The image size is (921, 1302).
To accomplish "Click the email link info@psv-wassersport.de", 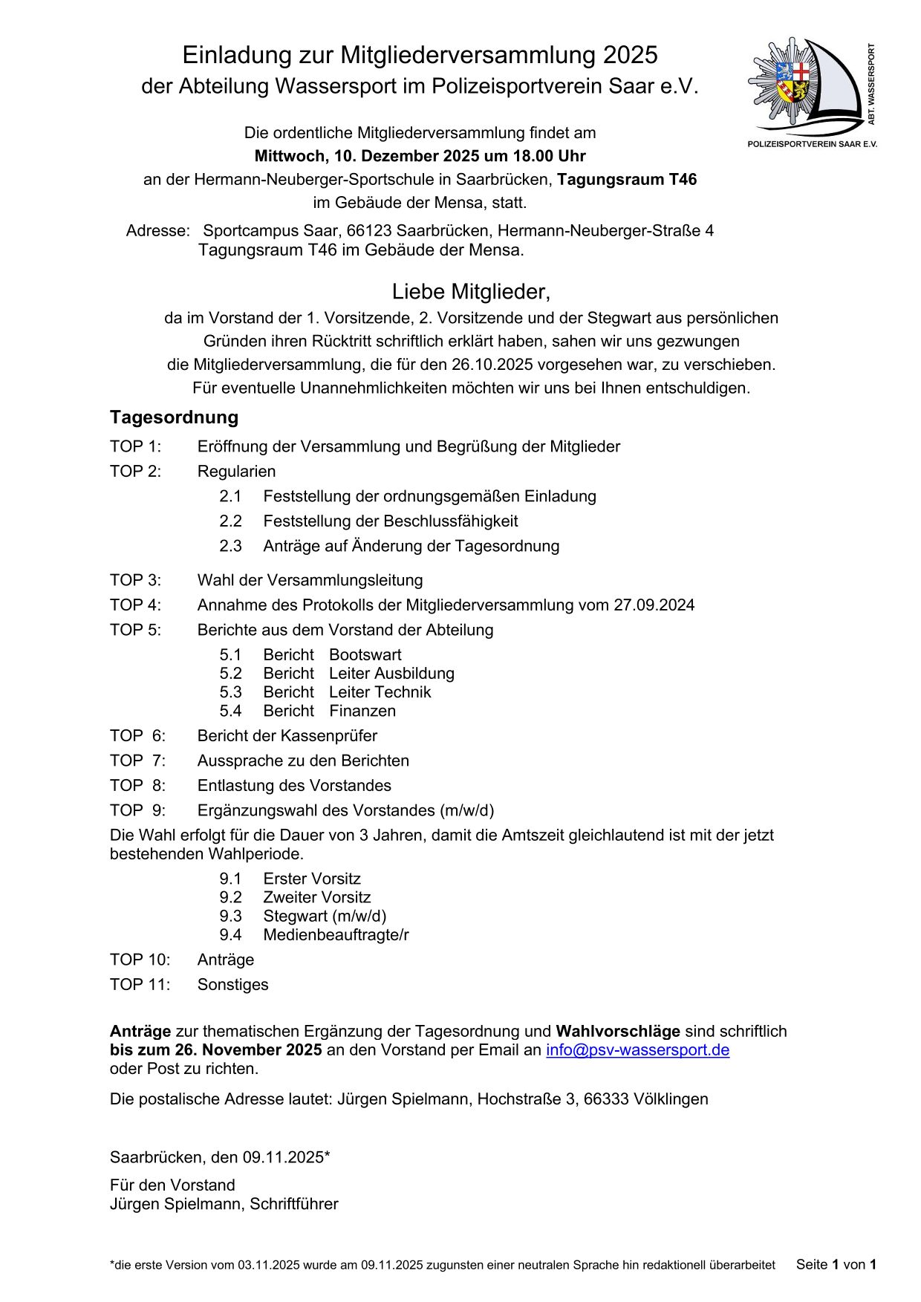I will coord(637,1049).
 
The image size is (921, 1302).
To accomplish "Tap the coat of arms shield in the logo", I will coord(793,81).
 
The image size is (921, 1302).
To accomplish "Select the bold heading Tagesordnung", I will coord(174,417).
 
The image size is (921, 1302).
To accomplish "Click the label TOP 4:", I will coord(135,605).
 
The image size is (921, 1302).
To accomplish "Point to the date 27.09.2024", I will coord(654,605).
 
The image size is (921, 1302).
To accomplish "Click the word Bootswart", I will coord(365,654).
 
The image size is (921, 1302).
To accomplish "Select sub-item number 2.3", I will coord(230,546).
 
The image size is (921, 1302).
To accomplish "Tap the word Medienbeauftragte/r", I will coord(336,934).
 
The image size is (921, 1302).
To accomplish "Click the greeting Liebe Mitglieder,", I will coord(471,292).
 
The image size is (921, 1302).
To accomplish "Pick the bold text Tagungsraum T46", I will coord(627,179).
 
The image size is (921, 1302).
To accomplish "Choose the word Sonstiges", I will coord(232,984).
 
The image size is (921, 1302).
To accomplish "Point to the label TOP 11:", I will coord(140,984).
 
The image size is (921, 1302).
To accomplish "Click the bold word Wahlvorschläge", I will coord(618,1031).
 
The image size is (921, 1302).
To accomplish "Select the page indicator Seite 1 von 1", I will coord(836,1264).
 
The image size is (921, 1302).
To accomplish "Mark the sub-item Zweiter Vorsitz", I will coord(316,897).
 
